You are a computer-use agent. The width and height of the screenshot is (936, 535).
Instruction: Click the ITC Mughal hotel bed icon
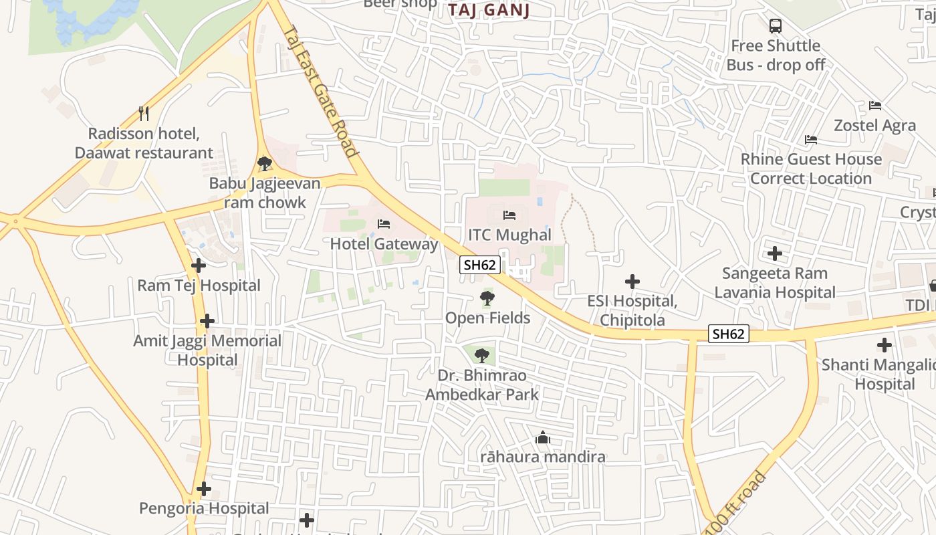pos(509,215)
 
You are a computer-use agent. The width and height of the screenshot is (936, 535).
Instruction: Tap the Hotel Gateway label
pos(384,243)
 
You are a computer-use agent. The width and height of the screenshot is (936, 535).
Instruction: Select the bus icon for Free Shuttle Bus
pos(775,26)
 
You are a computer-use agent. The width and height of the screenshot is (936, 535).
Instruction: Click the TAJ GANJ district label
pos(489,10)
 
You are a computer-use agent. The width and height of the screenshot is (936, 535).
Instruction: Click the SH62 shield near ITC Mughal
pos(480,265)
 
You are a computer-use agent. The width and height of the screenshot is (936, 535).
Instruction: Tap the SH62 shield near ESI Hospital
pos(728,334)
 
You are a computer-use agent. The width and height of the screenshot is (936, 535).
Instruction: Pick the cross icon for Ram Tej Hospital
pos(199,265)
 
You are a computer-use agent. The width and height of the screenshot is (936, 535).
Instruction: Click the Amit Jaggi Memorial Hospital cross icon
pos(207,321)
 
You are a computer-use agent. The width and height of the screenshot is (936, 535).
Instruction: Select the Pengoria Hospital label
pos(204,508)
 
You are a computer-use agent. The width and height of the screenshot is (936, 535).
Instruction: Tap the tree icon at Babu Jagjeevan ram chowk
pos(265,163)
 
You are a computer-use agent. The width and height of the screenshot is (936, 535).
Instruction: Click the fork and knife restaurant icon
pos(143,113)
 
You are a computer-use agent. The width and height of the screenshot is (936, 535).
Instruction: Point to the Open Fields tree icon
pos(487,298)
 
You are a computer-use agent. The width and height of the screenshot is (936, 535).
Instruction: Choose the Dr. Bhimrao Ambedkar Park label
pos(481,385)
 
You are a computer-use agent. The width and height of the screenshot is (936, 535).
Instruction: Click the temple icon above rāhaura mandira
pos(543,438)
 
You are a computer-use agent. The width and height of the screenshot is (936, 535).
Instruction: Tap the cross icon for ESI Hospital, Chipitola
pos(632,282)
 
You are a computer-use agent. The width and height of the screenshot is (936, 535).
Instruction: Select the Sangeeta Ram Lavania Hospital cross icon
pos(775,253)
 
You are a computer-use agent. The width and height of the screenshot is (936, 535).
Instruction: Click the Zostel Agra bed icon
pos(874,106)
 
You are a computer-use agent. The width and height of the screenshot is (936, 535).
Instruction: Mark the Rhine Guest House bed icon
pos(811,140)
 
